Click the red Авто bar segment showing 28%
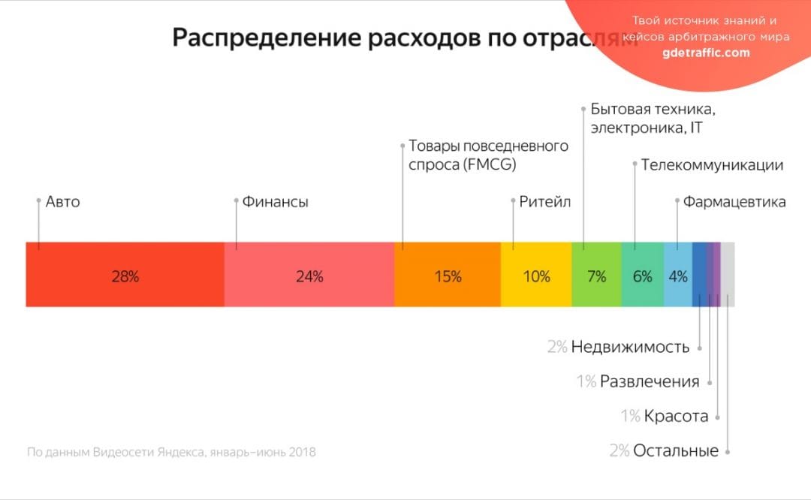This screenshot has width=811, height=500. click(x=125, y=275)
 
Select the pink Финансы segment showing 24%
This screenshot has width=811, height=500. click(x=309, y=275)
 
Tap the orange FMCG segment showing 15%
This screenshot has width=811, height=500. click(x=447, y=275)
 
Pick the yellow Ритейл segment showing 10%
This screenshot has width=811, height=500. click(x=536, y=275)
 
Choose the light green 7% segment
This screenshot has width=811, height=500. click(x=596, y=275)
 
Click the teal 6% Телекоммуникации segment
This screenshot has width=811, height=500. click(x=642, y=275)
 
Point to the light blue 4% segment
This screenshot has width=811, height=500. click(x=677, y=275)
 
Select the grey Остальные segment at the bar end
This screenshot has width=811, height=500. click(x=728, y=275)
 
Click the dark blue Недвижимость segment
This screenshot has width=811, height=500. click(x=698, y=275)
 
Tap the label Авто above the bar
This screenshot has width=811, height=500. click(x=62, y=202)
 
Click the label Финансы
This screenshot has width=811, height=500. click(x=275, y=202)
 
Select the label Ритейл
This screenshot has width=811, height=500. click(x=544, y=202)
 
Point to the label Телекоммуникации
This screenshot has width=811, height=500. click(x=711, y=165)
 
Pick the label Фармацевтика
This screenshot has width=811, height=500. click(x=734, y=202)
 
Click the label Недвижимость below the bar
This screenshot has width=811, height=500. click(x=629, y=347)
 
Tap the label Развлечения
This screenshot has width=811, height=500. click(x=649, y=381)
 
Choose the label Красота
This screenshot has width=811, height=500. click(x=676, y=416)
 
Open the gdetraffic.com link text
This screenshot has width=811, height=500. click(x=706, y=53)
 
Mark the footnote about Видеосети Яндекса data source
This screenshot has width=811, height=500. click(x=171, y=452)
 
